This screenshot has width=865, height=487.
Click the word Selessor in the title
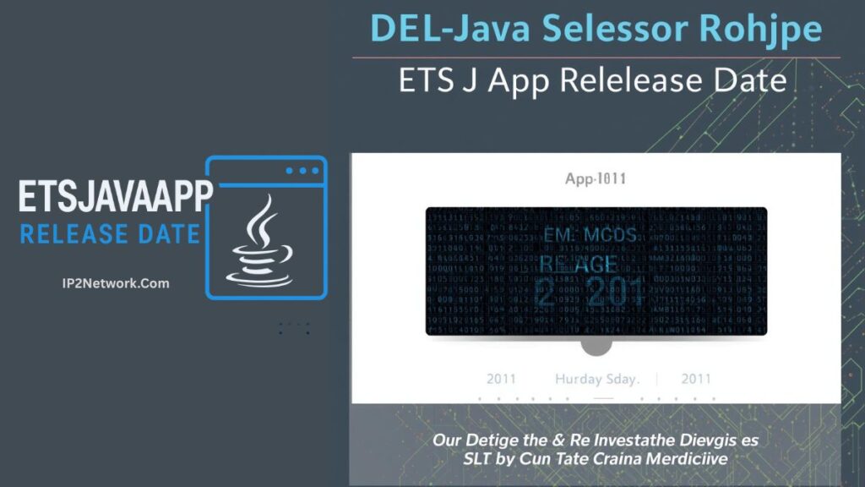pos(608,29)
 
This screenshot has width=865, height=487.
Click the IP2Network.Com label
pos(110,283)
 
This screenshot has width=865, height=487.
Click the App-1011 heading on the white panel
pos(596,179)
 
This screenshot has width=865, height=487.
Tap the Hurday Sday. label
pos(596,379)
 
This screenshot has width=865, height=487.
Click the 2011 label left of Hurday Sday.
pos(501,379)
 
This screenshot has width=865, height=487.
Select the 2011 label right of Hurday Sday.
pos(697,379)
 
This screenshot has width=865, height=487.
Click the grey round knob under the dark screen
pos(596,345)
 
